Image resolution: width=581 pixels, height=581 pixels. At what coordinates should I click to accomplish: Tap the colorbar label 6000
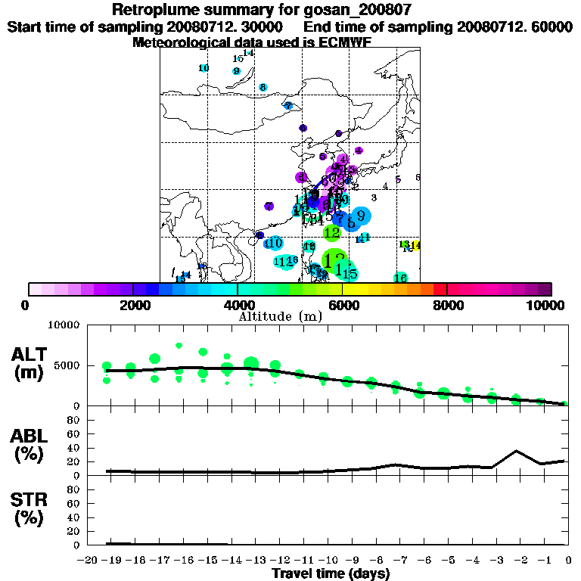(343, 305)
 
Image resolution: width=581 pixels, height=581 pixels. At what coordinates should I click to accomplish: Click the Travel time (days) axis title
(330, 574)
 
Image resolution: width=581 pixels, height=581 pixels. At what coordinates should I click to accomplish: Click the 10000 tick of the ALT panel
(65, 325)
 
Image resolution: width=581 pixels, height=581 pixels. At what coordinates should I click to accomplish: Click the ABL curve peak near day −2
(516, 451)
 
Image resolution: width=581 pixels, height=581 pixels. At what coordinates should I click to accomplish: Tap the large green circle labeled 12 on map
(332, 233)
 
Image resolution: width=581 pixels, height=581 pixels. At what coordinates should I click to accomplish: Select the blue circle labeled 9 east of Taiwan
(361, 216)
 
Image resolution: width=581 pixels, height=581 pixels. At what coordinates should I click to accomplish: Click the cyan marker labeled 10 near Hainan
(274, 243)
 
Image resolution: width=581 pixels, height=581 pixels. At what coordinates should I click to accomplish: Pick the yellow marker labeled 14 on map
(415, 245)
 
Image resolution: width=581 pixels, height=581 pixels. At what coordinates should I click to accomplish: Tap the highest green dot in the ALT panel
(179, 346)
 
